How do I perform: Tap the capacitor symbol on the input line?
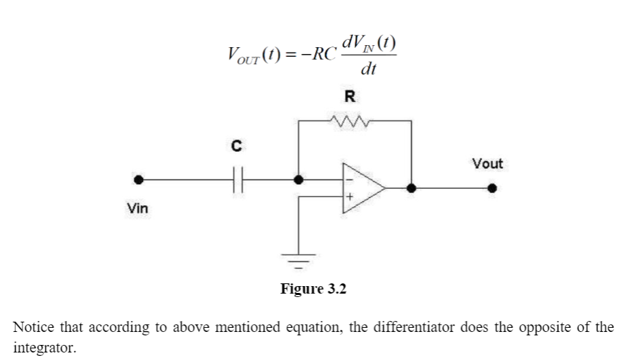tap(238, 181)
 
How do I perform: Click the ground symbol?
tap(298, 259)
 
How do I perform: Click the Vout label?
tap(487, 164)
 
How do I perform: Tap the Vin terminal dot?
tap(139, 181)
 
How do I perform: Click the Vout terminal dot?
tap(491, 188)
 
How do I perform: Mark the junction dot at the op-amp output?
tap(411, 188)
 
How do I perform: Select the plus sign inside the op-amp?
tap(349, 197)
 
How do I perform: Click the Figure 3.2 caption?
tap(313, 289)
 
